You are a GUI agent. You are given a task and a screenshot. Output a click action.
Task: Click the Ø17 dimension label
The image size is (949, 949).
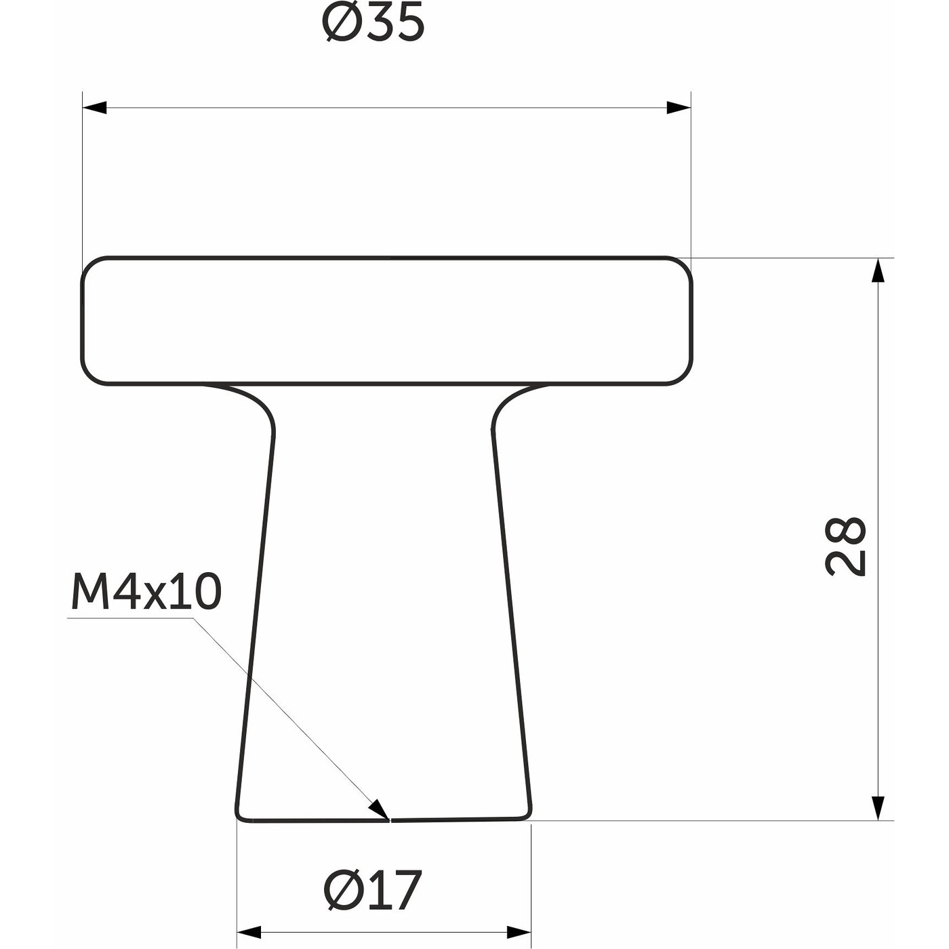pos(373,890)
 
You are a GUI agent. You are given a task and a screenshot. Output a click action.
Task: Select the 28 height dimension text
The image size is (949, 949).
pos(846,546)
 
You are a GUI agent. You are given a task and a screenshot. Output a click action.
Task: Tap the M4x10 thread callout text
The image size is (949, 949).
pos(146,591)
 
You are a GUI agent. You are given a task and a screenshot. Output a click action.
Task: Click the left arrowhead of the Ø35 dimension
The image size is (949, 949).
pos(95,108)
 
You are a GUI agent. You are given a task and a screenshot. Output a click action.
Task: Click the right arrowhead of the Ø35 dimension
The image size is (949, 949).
pos(678,108)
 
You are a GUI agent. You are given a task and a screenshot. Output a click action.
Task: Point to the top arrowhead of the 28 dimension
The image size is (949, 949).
pos(879,270)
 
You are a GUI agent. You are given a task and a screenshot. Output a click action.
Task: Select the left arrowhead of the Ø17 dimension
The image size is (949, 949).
pos(249,932)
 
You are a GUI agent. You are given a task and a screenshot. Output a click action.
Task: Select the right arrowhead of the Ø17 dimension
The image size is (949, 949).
pos(518,932)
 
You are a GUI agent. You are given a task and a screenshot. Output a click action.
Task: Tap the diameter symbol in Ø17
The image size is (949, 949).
pos(340,890)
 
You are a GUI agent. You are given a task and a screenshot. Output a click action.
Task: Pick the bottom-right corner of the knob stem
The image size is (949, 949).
pos(528,815)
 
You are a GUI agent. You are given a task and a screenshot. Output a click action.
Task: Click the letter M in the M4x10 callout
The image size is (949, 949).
pos(86,591)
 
